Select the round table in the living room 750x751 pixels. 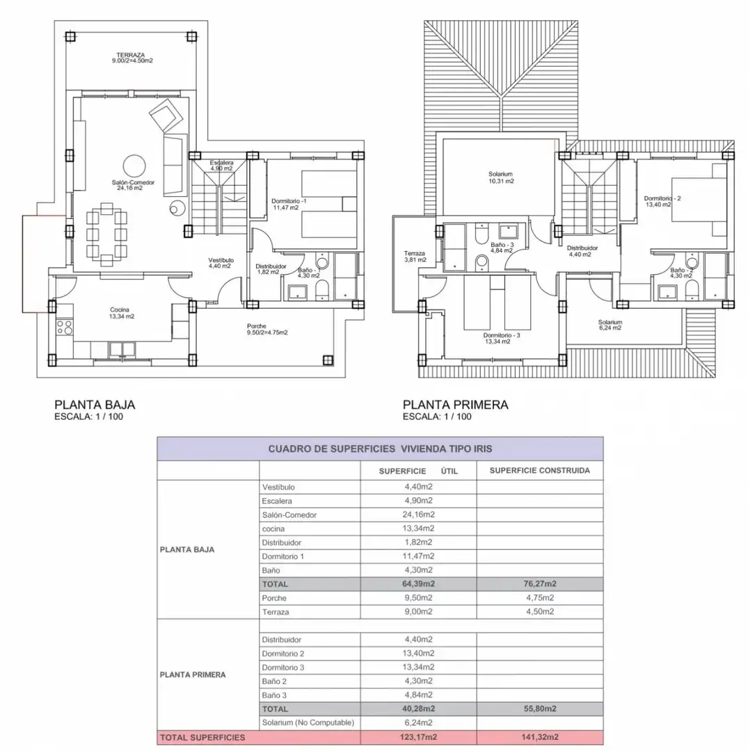click(x=134, y=166)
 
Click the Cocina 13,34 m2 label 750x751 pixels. click(x=120, y=313)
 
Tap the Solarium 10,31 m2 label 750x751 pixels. click(x=501, y=178)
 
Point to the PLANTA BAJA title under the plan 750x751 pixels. click(x=95, y=405)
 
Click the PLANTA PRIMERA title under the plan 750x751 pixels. click(x=455, y=405)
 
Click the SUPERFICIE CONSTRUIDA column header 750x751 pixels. click(x=540, y=470)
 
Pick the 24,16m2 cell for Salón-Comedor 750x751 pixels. click(x=418, y=515)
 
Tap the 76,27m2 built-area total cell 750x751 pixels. click(x=540, y=584)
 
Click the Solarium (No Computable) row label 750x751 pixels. click(x=308, y=722)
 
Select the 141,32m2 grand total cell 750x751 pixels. click(x=540, y=737)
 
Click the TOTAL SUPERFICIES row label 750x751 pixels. click(x=202, y=738)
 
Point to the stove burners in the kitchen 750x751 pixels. click(x=64, y=327)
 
